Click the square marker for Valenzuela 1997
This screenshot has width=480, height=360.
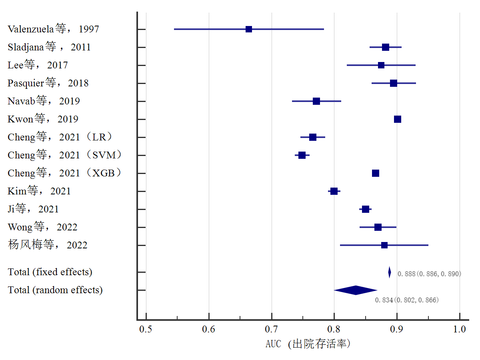249,29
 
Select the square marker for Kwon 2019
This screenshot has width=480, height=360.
398,119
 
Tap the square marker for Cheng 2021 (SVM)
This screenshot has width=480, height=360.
302,155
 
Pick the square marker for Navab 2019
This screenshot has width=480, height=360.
316,101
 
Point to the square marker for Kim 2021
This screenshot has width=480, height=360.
334,191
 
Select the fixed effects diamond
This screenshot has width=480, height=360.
390,272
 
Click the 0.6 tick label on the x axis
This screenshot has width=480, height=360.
209,329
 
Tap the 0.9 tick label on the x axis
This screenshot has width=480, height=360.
397,329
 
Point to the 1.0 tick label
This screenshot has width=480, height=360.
460,329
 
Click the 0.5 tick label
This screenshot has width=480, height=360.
146,329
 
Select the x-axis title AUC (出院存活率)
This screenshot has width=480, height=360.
308,344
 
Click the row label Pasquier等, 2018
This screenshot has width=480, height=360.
48,83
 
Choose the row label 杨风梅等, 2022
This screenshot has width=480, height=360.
48,245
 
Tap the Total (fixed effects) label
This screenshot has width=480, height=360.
50,272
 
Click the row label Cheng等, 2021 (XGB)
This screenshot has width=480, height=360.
64,173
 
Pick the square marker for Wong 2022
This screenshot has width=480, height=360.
378,227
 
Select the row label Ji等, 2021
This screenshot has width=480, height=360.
33,209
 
